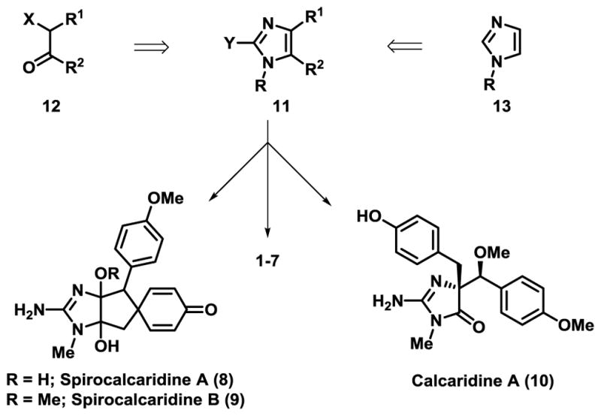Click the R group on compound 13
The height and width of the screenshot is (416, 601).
(x=494, y=80)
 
